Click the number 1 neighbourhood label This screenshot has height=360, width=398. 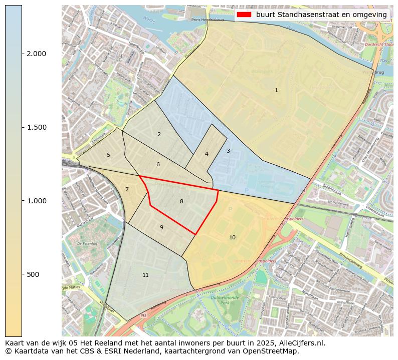coord(276,90)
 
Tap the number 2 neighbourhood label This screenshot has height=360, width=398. coord(159,134)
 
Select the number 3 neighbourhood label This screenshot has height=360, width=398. coord(228,151)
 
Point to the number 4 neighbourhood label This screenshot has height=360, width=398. coord(207,154)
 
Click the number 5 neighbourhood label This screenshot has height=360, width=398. coord(108,155)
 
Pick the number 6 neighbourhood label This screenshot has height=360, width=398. coord(158,164)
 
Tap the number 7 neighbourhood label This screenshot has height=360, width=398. coord(127,189)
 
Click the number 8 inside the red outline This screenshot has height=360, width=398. coord(181,201)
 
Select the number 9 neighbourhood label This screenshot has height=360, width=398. coord(161,227)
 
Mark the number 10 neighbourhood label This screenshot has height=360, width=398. coord(232,237)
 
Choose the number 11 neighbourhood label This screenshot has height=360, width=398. coord(145,275)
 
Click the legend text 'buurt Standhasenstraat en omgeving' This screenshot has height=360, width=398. coord(321,15)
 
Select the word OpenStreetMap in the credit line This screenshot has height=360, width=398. coord(273,351)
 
